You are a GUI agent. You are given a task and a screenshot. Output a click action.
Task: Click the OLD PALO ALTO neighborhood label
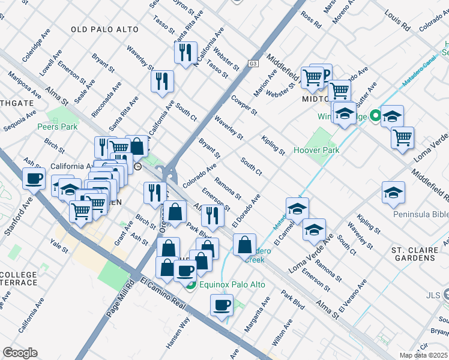pos(104,29)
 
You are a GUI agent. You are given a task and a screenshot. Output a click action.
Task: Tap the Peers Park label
pos(57,127)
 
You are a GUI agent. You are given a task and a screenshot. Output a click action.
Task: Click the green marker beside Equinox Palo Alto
pos(190,285)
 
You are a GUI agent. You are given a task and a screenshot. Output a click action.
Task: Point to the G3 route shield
pos(253,63)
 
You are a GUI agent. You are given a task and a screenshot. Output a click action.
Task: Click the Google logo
pos(20,353)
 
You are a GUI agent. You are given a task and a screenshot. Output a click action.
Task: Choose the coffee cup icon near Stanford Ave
pos(34,178)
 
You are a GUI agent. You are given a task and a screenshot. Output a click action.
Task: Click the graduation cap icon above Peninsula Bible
pos(393,192)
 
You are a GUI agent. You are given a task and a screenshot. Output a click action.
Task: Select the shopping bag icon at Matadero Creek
pos(244,244)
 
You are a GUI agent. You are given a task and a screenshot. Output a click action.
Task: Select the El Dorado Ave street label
pos(247,208)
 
